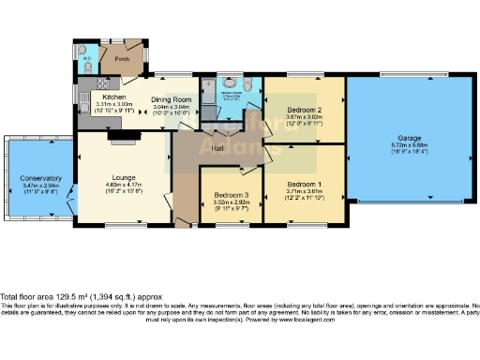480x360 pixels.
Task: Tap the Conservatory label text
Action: (x=39, y=178)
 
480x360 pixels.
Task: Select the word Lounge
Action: (x=123, y=177)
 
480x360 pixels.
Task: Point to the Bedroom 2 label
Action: (x=304, y=111)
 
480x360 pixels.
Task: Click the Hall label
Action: (x=217, y=149)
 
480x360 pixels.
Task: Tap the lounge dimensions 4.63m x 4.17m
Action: (x=123, y=186)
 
